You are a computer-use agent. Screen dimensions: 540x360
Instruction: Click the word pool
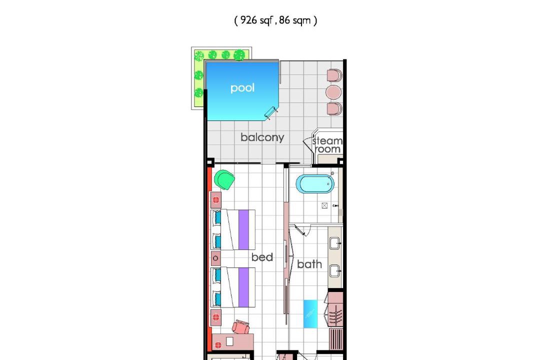[x=242, y=88]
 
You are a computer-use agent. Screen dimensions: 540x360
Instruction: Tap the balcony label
[x=262, y=137]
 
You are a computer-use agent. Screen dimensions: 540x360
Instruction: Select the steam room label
[x=327, y=145]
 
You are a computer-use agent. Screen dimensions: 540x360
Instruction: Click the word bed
[x=262, y=257]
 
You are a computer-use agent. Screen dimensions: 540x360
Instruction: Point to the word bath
[x=309, y=264]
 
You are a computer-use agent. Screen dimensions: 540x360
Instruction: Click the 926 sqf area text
[x=256, y=20]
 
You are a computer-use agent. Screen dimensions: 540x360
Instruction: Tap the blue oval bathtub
[x=315, y=184]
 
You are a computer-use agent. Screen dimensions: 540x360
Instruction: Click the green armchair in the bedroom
[x=224, y=179]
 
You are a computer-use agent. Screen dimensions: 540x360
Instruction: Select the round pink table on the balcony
[x=333, y=92]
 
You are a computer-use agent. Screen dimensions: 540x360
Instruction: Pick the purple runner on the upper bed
[x=243, y=230]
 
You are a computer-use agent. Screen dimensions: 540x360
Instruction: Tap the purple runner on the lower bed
[x=243, y=287]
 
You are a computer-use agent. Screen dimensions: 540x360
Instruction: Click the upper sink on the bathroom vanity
[x=335, y=243]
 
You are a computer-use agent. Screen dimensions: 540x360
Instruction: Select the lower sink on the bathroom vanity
[x=335, y=271]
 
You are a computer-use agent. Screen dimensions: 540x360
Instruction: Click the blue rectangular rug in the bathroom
[x=310, y=314]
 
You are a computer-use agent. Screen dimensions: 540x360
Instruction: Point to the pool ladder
[x=271, y=113]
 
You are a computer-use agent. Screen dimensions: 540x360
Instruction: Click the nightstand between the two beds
[x=215, y=258]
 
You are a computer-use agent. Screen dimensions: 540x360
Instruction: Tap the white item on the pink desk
[x=229, y=341]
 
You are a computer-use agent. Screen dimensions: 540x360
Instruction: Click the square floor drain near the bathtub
[x=324, y=205]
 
